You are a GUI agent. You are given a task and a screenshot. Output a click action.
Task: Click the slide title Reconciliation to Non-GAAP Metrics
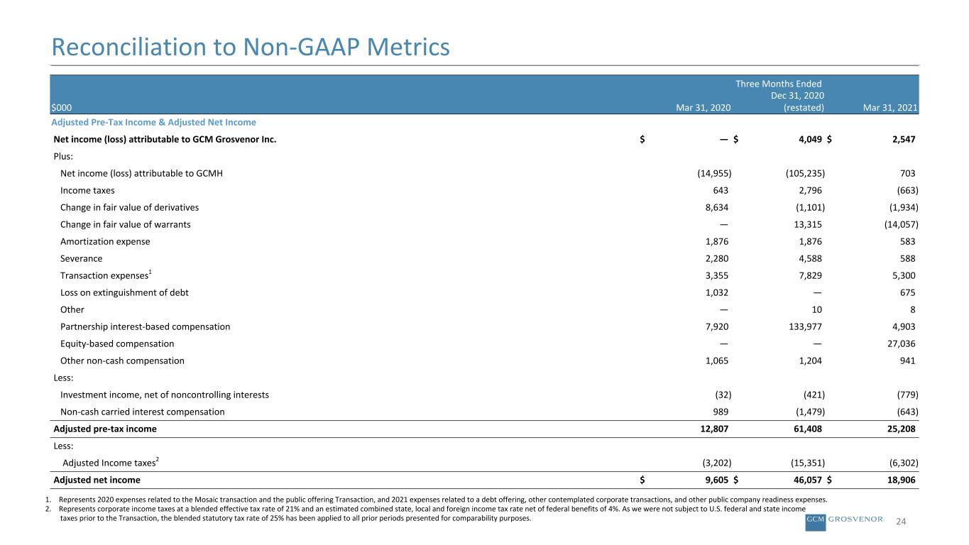(x=251, y=47)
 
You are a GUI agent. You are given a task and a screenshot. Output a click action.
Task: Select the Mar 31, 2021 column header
(x=889, y=108)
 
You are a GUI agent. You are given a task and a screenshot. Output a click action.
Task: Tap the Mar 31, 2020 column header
(x=703, y=108)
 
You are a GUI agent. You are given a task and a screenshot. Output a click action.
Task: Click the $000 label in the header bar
(x=62, y=108)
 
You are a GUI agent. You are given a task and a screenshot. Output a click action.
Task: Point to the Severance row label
(x=82, y=258)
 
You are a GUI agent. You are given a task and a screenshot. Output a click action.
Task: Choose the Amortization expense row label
(x=105, y=241)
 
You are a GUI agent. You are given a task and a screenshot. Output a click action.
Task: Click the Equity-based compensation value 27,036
(x=901, y=344)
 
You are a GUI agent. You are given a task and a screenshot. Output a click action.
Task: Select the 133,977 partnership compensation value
(x=805, y=326)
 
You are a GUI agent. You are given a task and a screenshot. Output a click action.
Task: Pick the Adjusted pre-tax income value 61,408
(x=808, y=429)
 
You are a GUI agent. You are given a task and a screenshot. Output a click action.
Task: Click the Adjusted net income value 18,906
(x=901, y=480)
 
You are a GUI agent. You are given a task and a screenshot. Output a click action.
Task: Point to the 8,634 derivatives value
(x=717, y=208)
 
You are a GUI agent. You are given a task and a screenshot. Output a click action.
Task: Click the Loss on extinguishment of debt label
(x=124, y=293)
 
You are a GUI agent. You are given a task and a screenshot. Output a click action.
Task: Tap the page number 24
(x=901, y=522)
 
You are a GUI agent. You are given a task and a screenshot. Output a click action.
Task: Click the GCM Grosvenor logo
(x=843, y=522)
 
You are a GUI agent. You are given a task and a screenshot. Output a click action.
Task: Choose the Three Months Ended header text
(x=778, y=84)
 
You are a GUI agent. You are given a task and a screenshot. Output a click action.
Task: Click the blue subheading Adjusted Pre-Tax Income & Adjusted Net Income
(x=153, y=122)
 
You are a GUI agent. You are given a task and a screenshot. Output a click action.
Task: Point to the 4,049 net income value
(x=810, y=139)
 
